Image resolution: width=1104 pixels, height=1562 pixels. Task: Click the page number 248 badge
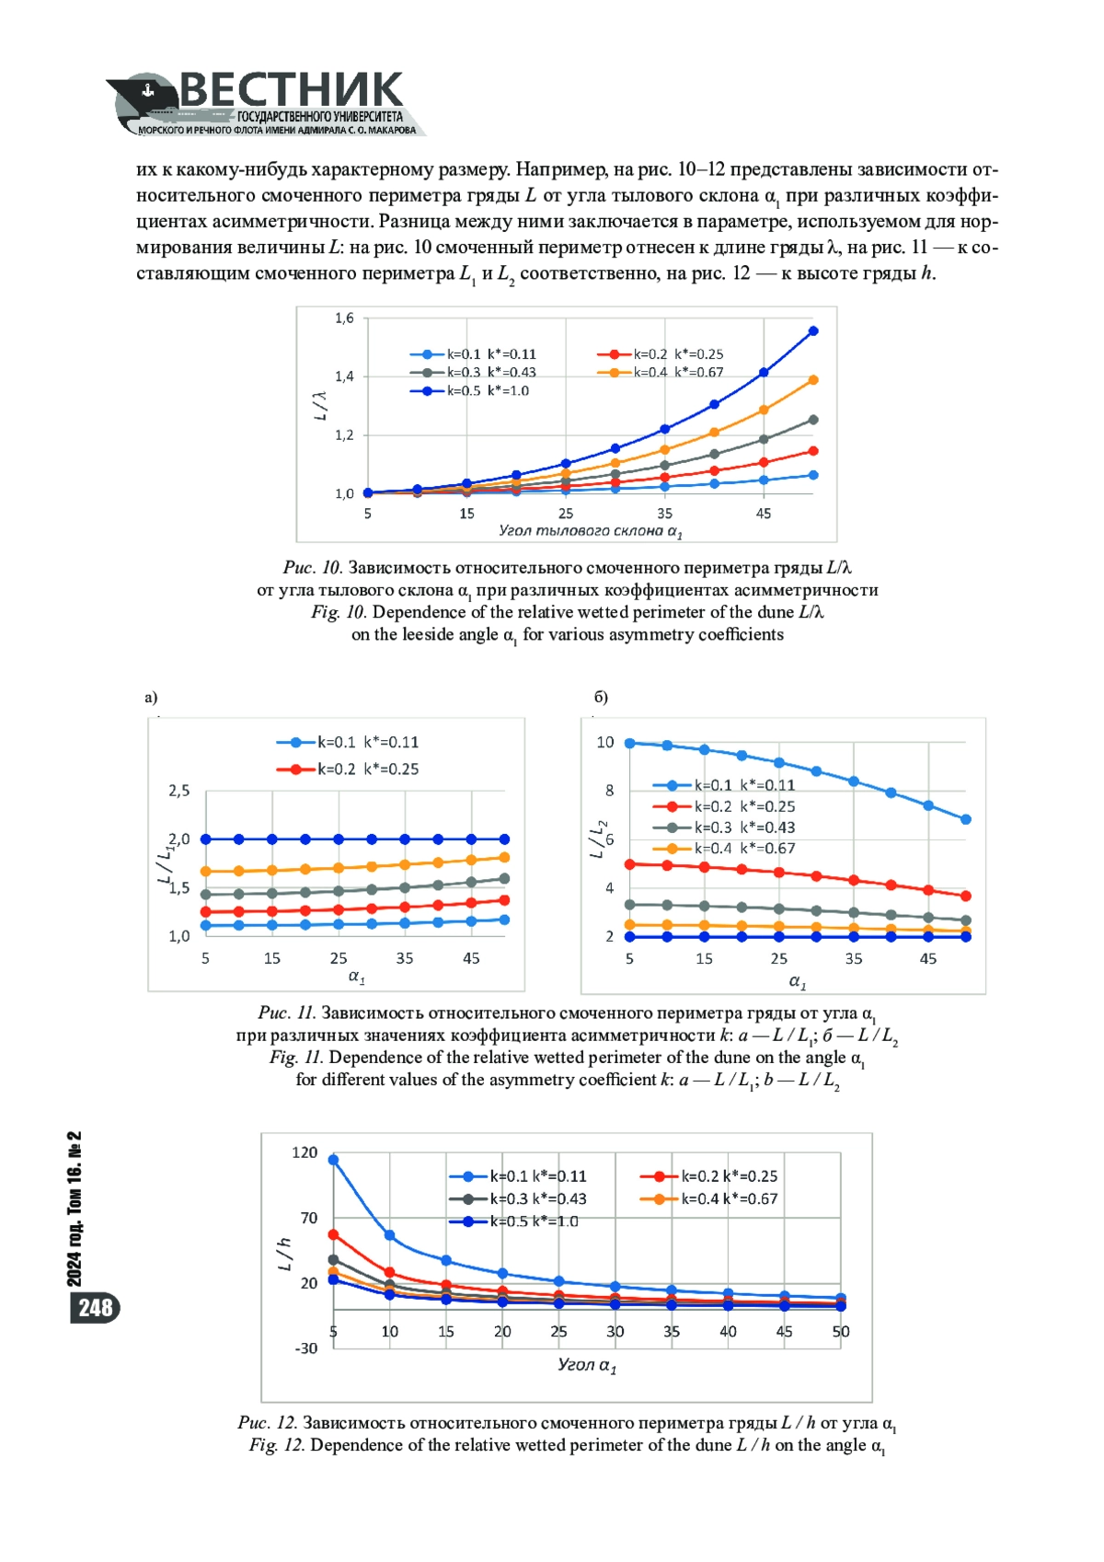coord(95,1307)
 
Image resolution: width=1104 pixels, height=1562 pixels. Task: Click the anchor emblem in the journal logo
coord(147,90)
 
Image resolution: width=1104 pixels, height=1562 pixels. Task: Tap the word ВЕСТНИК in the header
coord(292,90)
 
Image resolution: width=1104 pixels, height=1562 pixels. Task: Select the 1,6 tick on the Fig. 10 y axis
coord(344,318)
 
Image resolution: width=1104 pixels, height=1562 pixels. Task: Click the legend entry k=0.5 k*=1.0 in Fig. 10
coord(469,390)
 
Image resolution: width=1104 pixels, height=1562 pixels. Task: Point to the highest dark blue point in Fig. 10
coord(812,331)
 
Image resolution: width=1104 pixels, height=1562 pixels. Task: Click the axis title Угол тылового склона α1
coord(591,531)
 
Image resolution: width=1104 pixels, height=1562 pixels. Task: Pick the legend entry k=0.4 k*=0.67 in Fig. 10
coord(660,373)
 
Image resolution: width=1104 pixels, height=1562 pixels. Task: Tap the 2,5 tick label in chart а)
coord(178,790)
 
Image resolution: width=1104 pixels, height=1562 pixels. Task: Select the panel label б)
coord(601,697)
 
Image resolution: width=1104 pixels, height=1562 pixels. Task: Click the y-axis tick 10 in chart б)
coord(605,742)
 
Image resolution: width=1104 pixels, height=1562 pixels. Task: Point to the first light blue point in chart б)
coord(629,744)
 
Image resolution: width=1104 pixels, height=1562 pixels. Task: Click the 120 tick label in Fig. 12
coord(305,1152)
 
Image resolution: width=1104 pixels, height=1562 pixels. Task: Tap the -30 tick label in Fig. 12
coord(305,1348)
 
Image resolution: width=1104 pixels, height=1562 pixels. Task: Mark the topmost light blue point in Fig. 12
coord(333,1160)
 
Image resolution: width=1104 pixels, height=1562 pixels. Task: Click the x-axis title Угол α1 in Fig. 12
coord(587,1365)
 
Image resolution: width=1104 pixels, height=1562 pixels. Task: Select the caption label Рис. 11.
coord(287,1012)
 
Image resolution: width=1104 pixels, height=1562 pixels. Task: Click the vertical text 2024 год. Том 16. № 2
coord(75,1209)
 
